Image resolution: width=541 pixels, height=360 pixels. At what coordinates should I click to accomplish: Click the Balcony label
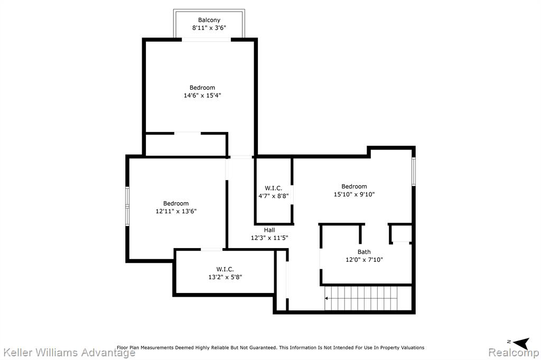point(209,20)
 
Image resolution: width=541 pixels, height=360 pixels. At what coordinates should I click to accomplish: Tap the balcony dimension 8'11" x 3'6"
point(209,28)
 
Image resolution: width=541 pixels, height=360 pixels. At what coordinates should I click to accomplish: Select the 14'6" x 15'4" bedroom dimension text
point(202,96)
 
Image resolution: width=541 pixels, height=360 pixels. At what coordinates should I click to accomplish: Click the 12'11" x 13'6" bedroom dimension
point(176,211)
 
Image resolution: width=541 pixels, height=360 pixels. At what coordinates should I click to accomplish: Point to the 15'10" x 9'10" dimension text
point(354,194)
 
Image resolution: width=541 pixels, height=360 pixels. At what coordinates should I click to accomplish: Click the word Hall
point(269,230)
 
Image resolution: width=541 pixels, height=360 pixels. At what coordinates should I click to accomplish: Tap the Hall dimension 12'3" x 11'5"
point(269,238)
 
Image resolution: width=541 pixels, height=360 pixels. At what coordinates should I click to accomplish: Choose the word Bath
point(364,252)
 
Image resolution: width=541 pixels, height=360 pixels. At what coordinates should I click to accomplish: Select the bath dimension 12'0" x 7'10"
point(364,260)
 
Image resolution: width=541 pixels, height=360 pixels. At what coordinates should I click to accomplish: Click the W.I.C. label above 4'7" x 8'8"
point(273,188)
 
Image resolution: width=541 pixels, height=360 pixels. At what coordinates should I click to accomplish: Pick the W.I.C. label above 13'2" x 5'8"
point(225,269)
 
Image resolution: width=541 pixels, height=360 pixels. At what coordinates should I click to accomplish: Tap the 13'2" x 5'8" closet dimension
point(225,277)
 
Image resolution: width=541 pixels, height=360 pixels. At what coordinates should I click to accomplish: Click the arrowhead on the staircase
point(327,298)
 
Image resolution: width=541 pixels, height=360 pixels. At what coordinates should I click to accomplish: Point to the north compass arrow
point(521,343)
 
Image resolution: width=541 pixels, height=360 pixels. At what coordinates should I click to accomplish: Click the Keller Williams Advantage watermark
point(69,353)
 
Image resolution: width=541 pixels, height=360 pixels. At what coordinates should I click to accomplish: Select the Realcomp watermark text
point(513,353)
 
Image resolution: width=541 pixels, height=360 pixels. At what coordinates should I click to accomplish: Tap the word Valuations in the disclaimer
point(412,347)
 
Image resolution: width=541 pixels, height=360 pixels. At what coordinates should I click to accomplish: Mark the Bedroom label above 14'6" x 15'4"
point(202,88)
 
